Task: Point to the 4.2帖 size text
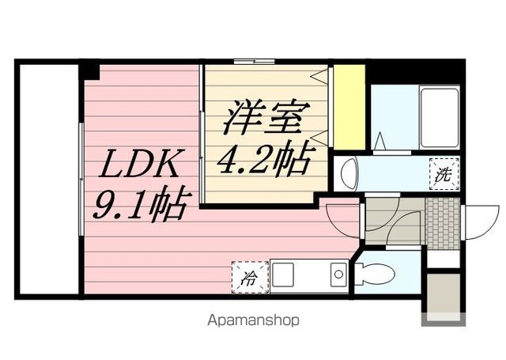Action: click(264, 161)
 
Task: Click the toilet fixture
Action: click(374, 274)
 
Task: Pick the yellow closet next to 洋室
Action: click(349, 107)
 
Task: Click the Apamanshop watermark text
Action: click(253, 321)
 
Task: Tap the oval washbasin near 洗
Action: click(347, 174)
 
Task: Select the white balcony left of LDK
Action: click(47, 180)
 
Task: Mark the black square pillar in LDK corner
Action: click(89, 71)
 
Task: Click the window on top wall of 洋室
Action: click(255, 62)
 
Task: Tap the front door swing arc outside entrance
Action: click(481, 222)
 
